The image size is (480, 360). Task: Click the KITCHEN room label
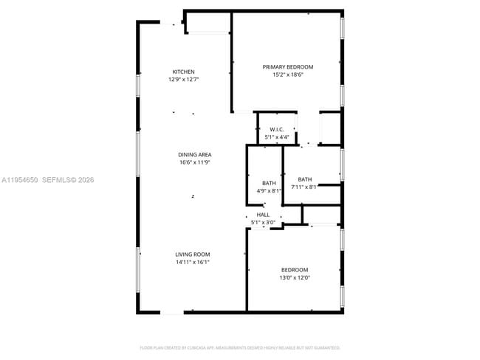point(184,72)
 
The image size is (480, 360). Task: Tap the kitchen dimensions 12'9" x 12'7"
point(184,79)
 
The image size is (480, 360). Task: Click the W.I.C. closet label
point(277,130)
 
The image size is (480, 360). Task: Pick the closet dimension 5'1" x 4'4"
point(277,137)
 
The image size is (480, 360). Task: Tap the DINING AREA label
point(195,154)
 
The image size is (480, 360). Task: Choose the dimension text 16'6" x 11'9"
point(195,162)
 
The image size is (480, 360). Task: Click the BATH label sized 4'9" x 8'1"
point(269,183)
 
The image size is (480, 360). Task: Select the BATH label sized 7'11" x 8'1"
point(305,179)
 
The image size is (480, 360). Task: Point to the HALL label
point(263,215)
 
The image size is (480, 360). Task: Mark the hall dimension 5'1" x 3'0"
point(263,222)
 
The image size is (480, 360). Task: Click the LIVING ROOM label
point(193,254)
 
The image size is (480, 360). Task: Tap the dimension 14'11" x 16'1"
point(193,262)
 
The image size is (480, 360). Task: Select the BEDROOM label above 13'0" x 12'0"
point(295,270)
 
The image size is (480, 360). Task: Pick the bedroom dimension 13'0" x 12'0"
point(295,278)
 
